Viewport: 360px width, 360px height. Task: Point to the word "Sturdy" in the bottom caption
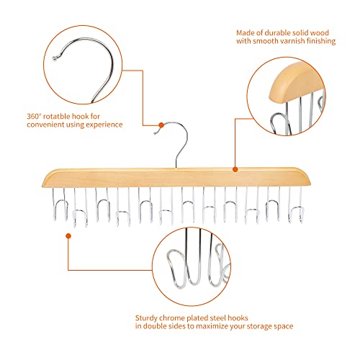tap(147, 316)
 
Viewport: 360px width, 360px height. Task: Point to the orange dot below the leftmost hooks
tap(70, 233)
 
